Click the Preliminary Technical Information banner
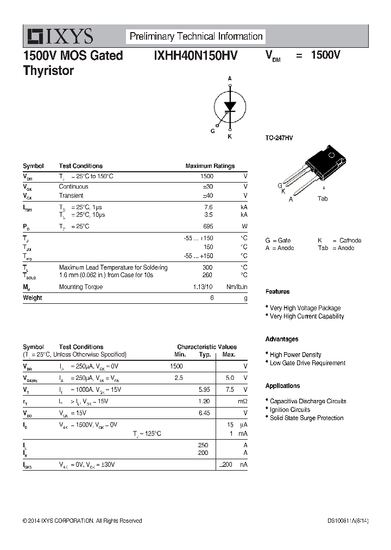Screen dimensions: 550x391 click(x=196, y=36)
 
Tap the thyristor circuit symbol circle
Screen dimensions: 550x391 click(x=229, y=106)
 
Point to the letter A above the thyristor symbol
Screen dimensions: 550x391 click(x=230, y=79)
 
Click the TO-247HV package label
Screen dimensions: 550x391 click(x=279, y=139)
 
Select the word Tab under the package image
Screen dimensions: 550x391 click(x=323, y=199)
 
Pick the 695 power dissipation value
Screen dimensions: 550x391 click(x=207, y=226)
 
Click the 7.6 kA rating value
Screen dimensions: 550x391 click(x=208, y=207)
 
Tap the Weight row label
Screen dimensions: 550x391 click(x=33, y=298)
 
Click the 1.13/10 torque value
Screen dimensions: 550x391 click(x=203, y=287)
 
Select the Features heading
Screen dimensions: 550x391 click(x=278, y=292)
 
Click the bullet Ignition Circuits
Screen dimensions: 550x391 click(x=290, y=410)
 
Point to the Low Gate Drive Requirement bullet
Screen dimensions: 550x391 click(x=307, y=363)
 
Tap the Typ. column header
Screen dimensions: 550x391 click(x=205, y=354)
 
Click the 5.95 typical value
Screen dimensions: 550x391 click(x=204, y=390)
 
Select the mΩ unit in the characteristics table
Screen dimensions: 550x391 click(x=243, y=401)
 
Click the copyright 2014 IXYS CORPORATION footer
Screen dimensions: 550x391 click(x=82, y=521)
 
